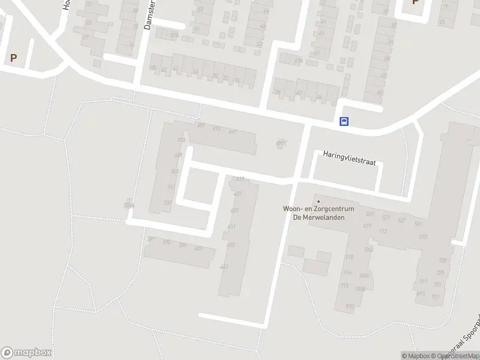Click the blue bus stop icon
coord(344,121)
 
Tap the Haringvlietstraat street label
coord(349,154)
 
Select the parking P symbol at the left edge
coord(13,58)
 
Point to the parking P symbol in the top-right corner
coord(415,2)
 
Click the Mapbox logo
coord(26,353)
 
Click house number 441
coord(224,267)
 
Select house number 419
coord(240,179)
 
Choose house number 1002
coord(368,249)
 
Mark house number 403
coord(199,248)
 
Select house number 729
coord(442,260)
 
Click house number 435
coord(231,245)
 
